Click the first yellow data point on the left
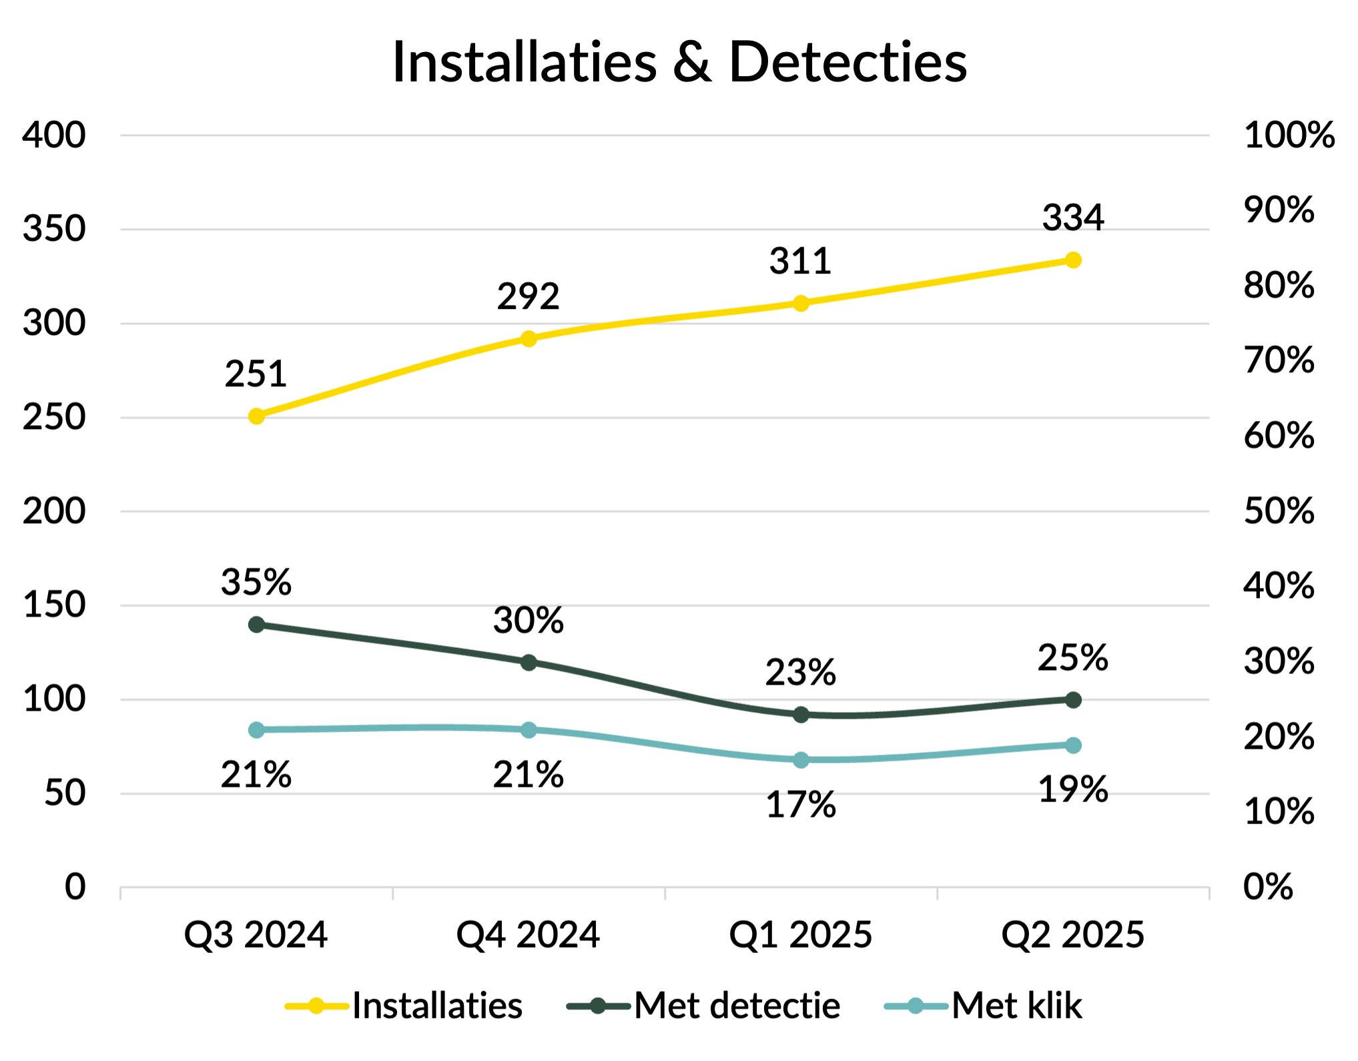[x=256, y=416]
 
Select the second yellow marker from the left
[x=529, y=339]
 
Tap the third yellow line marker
[x=801, y=304]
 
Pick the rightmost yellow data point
[x=1073, y=260]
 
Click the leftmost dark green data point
[x=256, y=625]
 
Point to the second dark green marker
[x=529, y=663]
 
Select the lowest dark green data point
[x=801, y=715]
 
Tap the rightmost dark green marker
[x=1073, y=700]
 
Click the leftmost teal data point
[x=256, y=730]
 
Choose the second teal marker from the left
[x=529, y=729]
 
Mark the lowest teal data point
[x=801, y=760]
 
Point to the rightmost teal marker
[x=1073, y=745]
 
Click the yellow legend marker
[x=316, y=1006]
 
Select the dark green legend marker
[x=598, y=1006]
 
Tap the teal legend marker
[x=916, y=1006]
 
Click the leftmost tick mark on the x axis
[x=121, y=894]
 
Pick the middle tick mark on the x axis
[x=665, y=894]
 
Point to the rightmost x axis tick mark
[x=1209, y=894]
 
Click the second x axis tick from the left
[x=393, y=894]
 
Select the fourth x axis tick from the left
[x=938, y=894]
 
